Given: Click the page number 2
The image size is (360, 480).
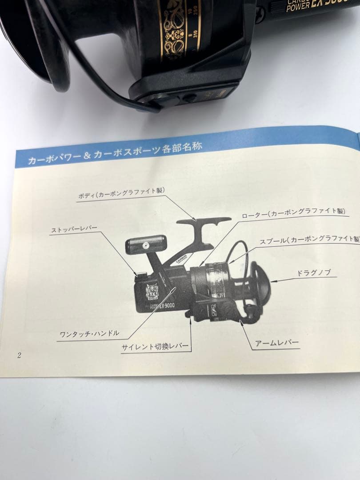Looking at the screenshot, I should point(19,355).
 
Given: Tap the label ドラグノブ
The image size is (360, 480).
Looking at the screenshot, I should point(313,273).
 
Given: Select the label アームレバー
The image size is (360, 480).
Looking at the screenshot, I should point(277,343).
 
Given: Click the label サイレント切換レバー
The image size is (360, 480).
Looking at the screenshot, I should point(155,347).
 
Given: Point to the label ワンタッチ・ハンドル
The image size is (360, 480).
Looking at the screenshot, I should point(89,333).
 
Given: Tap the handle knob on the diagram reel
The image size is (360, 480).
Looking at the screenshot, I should point(145,244).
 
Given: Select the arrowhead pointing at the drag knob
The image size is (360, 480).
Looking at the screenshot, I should point(272,281).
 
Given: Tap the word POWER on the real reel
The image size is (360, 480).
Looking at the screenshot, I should point(297,7).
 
